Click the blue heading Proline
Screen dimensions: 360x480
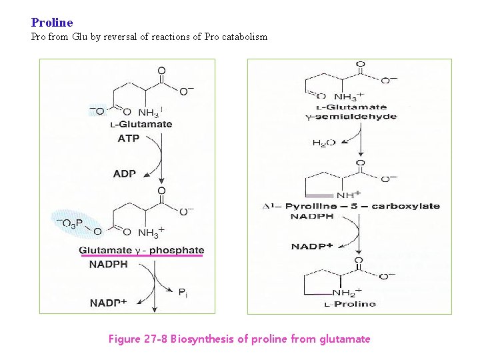52,23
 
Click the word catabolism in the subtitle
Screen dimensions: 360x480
244,37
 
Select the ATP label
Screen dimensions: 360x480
129,139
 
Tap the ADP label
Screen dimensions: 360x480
125,173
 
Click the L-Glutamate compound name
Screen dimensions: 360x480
141,124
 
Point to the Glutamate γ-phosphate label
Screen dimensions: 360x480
141,251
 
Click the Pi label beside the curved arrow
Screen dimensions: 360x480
183,292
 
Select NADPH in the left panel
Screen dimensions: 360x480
108,264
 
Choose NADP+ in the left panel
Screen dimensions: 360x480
108,303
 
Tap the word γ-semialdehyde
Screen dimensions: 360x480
351,117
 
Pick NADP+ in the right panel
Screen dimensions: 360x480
312,247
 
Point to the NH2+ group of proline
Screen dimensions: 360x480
347,292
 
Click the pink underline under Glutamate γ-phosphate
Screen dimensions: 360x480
141,256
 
